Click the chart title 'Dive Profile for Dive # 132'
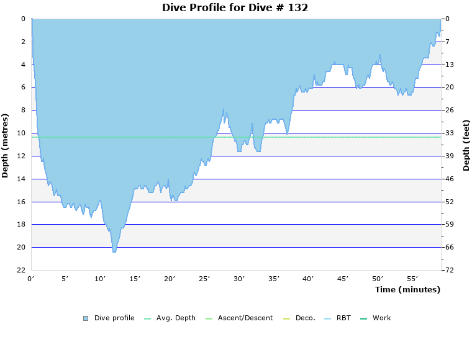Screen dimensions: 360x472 point(235,8)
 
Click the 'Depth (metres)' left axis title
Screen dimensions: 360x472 point(6,145)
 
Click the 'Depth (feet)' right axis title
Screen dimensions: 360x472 point(466,145)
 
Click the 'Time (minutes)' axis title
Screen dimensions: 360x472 point(407,289)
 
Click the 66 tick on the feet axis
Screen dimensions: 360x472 point(450,247)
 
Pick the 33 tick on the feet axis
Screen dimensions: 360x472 point(450,133)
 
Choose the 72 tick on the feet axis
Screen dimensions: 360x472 point(450,270)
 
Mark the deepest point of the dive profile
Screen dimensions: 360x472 point(114,251)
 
